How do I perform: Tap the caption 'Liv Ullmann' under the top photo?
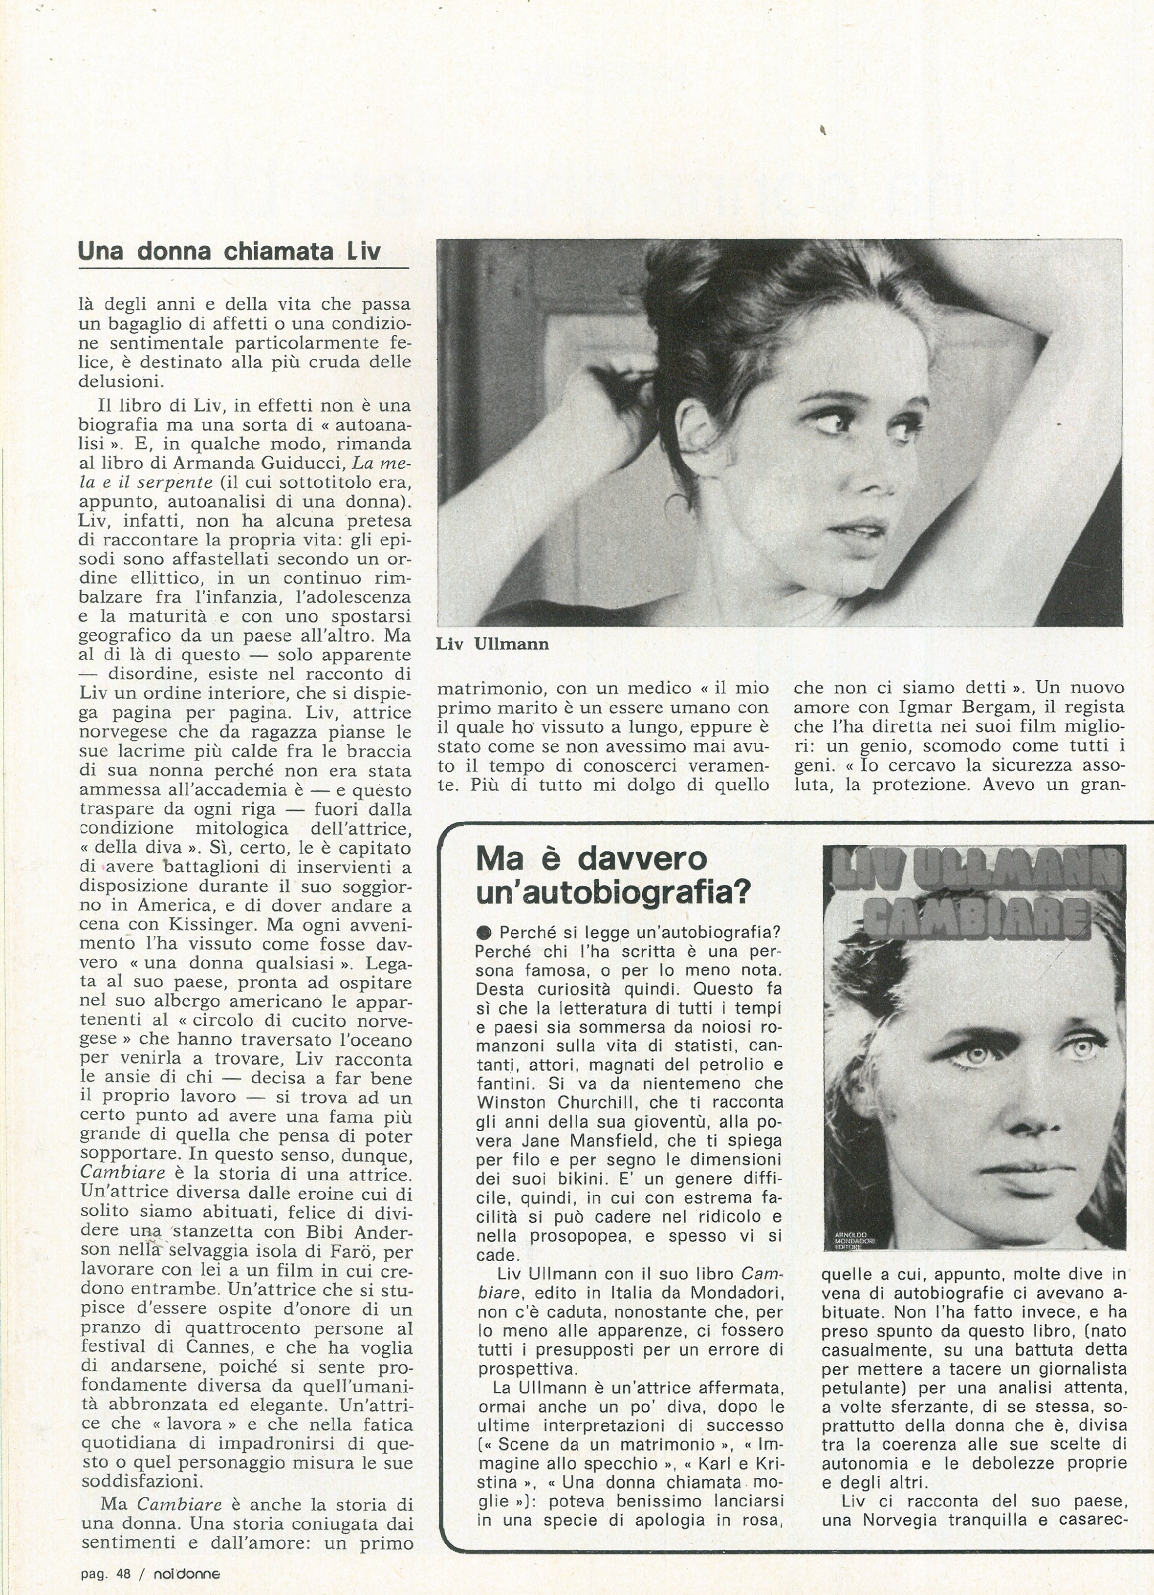pyautogui.click(x=492, y=644)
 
